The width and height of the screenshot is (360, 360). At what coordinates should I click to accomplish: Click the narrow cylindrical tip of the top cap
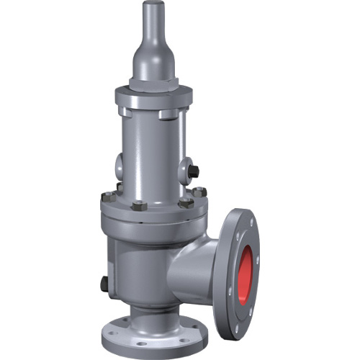point(152,18)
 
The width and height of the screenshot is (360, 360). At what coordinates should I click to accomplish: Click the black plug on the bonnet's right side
point(194,171)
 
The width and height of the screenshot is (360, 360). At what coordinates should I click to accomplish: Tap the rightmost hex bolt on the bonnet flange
point(200,192)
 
